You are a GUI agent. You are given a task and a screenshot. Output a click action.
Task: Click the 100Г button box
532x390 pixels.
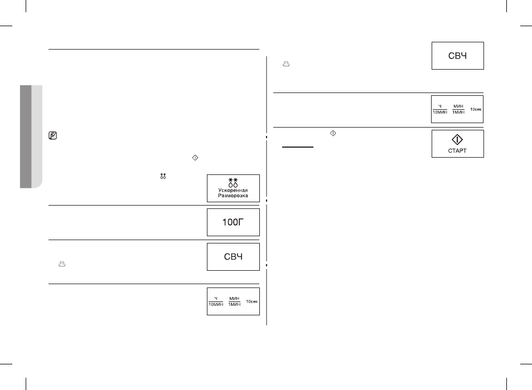point(234,222)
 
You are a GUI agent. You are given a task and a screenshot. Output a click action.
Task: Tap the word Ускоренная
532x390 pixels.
point(233,190)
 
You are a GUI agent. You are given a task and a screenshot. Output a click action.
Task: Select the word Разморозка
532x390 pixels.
point(233,196)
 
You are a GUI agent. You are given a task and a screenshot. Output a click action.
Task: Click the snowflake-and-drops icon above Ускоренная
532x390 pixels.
point(233,183)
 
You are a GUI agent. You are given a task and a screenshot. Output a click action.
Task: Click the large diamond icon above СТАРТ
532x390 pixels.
point(457,140)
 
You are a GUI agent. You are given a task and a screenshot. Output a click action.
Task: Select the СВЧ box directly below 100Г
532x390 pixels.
point(234,257)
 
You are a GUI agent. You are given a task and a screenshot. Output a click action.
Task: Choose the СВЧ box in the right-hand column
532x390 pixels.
point(458,56)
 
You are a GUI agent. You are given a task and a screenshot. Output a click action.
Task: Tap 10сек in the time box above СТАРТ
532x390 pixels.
point(476,109)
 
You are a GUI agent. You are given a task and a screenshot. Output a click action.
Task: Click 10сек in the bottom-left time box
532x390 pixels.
point(252,301)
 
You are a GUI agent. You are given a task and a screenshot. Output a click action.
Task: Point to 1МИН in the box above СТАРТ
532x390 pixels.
point(458,112)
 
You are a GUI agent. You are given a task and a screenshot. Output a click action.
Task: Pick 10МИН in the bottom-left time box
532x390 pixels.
point(216,304)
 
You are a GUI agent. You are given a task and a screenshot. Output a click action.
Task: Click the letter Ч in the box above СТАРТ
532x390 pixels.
point(440,106)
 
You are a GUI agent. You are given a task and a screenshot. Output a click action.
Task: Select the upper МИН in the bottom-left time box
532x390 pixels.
point(234,299)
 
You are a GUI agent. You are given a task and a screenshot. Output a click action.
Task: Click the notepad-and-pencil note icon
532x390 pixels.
point(52,135)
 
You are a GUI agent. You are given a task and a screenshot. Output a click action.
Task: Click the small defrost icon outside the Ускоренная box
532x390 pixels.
point(163,176)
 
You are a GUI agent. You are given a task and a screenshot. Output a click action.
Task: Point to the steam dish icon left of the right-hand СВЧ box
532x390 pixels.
point(287,64)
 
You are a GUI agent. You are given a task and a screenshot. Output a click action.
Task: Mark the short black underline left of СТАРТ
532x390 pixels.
point(298,147)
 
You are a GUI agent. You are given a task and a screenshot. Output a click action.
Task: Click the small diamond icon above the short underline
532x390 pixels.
point(333,134)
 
